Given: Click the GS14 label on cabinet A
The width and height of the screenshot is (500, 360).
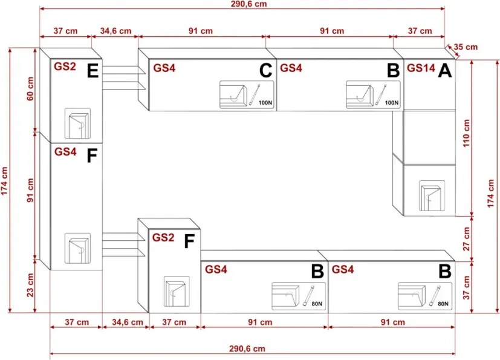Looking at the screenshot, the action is (421, 68).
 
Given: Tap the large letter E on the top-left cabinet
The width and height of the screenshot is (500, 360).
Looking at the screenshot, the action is (93, 71).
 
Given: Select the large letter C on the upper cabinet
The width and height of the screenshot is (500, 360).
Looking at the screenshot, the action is (266, 71).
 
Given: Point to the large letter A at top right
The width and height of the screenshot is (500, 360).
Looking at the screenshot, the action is (445, 71).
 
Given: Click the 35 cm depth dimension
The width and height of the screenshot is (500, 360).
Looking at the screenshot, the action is (466, 47).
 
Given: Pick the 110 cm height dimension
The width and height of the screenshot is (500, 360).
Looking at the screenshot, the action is (466, 133).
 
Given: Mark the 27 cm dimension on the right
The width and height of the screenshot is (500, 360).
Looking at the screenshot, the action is (466, 239).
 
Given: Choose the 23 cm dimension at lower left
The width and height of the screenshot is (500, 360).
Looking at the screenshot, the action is (30, 285).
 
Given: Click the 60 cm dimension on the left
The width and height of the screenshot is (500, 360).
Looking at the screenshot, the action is (30, 89).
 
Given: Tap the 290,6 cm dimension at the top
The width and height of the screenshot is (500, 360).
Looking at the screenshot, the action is (248, 4).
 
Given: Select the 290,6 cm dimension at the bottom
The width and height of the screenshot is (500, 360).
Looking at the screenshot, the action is (247, 349).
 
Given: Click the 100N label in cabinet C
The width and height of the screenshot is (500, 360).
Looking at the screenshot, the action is (265, 103).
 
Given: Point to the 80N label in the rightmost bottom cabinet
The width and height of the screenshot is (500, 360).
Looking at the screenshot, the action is (443, 304).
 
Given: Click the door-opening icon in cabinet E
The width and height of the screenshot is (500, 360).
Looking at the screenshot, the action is (77, 123).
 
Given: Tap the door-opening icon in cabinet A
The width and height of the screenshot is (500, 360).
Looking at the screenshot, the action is (432, 196).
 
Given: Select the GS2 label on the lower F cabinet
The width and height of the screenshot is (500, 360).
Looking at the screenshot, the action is (163, 237).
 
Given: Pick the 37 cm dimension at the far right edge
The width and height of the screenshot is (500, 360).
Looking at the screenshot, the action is (466, 287).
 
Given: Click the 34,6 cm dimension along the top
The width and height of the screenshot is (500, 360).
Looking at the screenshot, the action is (115, 31).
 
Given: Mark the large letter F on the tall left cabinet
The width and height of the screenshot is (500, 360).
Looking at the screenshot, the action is (92, 156).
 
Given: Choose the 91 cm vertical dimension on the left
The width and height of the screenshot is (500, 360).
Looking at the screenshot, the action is (30, 190).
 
